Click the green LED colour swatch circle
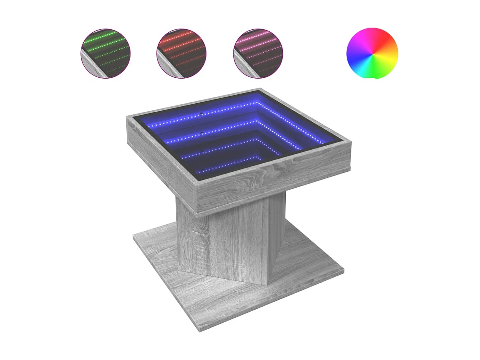pos(105,53)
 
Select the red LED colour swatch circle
pos(181,53)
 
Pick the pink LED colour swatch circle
pos(258,53)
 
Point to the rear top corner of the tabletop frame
pos(260,89)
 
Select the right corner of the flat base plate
pos(344,272)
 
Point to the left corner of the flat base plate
pos(133,236)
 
